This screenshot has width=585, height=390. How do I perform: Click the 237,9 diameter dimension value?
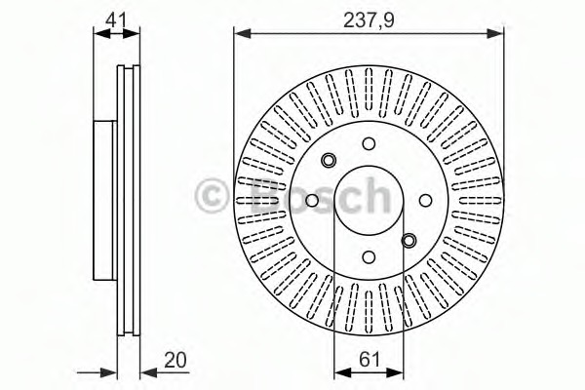point(369,18)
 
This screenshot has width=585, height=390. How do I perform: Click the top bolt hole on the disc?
point(369,144)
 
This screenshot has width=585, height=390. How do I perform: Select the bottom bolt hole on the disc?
point(369,257)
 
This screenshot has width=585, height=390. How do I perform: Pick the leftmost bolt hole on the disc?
point(312,201)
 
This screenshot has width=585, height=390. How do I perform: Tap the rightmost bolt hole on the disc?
point(425,201)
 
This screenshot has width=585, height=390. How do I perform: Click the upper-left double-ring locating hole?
point(329,161)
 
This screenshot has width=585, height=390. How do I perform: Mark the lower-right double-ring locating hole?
point(409,240)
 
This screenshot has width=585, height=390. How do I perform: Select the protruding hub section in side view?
point(105,201)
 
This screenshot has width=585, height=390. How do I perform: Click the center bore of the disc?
point(369,201)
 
